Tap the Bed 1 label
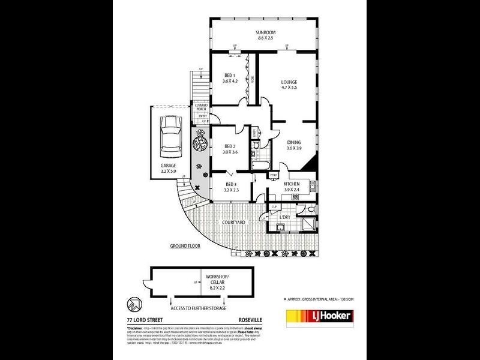[x=230, y=78]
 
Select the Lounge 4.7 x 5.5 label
[x=290, y=85]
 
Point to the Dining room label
[x=293, y=145]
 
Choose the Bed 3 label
[x=231, y=187]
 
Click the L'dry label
[x=286, y=216]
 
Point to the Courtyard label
[x=233, y=223]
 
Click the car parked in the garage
[x=169, y=134]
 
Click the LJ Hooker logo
[x=319, y=316]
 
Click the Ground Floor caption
[x=185, y=246]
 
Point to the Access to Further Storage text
[x=198, y=308]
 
